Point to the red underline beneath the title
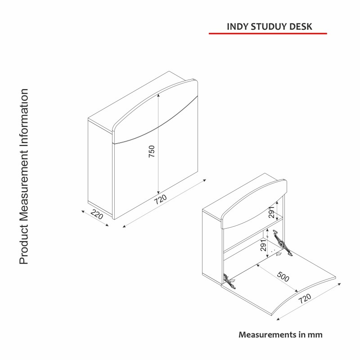coord(268,34)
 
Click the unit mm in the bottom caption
coord(315,335)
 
